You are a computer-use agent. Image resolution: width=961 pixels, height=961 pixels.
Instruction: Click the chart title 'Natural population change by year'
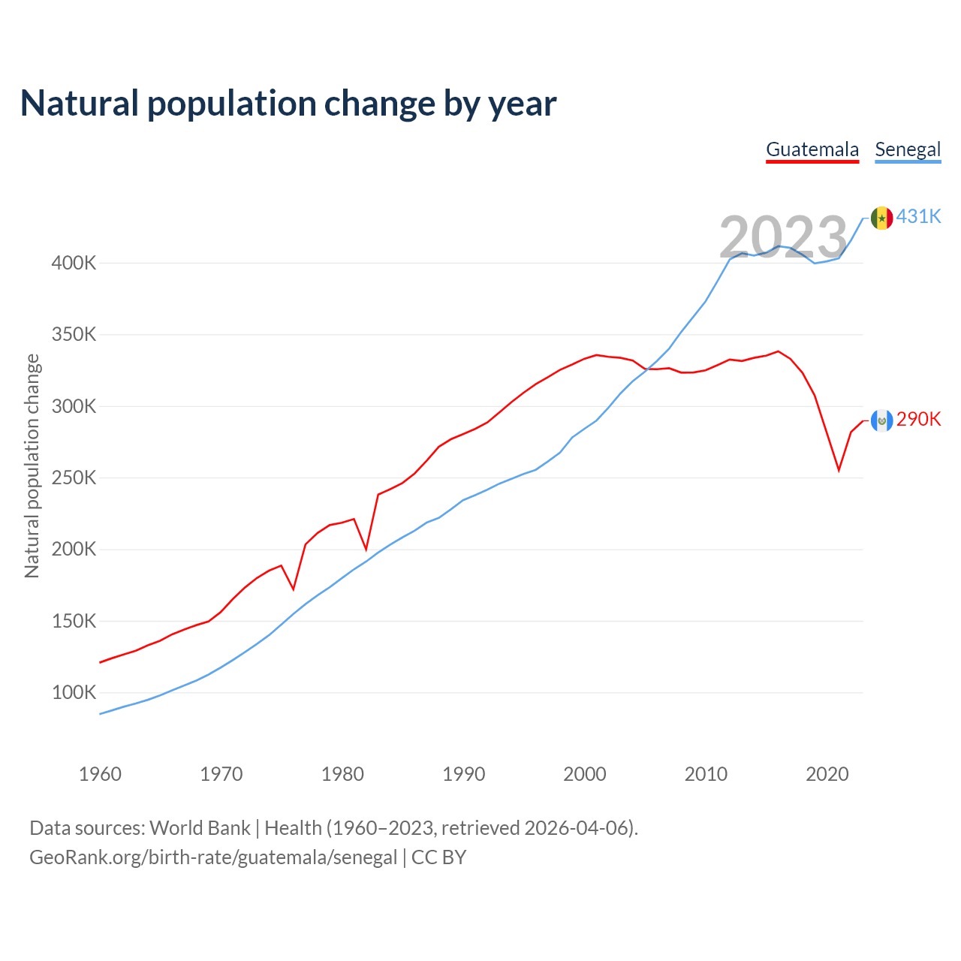click(x=288, y=104)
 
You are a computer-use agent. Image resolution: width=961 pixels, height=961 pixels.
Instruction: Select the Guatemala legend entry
click(x=812, y=149)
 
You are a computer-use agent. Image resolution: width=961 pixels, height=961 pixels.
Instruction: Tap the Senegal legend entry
click(x=908, y=149)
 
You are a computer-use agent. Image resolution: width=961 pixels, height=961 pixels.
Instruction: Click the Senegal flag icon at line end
click(x=881, y=218)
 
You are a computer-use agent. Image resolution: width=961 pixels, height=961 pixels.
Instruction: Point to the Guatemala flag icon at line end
click(x=881, y=420)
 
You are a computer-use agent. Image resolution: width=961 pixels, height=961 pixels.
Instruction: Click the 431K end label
click(x=919, y=216)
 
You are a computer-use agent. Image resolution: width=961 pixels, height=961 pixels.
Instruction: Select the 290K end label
click(x=919, y=419)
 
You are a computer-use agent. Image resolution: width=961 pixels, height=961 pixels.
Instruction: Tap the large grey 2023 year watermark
click(x=783, y=237)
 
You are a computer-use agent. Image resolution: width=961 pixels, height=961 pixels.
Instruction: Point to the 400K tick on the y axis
click(x=74, y=264)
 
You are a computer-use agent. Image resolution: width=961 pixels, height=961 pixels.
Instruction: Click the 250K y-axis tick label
click(x=74, y=478)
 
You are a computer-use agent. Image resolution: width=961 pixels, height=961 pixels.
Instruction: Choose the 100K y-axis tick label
click(x=74, y=693)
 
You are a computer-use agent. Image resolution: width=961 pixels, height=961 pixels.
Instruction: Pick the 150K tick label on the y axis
click(x=74, y=622)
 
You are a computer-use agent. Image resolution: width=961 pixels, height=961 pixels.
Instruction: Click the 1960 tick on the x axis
click(x=100, y=774)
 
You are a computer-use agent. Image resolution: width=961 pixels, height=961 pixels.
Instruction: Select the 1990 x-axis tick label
click(x=463, y=774)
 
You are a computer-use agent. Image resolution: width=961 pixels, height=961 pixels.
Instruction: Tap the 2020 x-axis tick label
click(x=827, y=774)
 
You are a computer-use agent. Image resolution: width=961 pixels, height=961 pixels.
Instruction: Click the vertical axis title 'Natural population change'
click(x=32, y=466)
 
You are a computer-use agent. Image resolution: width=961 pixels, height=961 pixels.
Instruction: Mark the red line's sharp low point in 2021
click(x=839, y=471)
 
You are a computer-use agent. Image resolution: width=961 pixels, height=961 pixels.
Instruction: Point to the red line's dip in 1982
click(x=366, y=550)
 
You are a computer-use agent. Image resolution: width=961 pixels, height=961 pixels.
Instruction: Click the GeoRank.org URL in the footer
click(x=213, y=857)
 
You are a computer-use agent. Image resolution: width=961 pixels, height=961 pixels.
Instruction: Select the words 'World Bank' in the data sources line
click(x=200, y=828)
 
